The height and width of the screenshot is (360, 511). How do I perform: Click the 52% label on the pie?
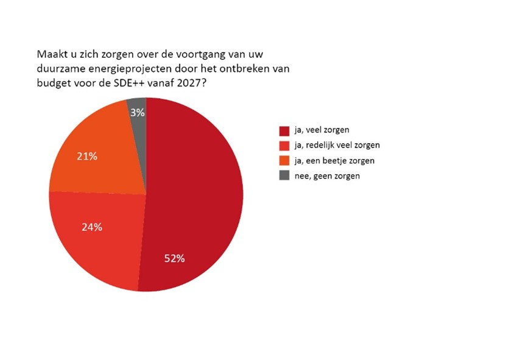pyautogui.click(x=174, y=258)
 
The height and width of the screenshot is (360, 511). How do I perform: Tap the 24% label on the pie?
pyautogui.click(x=92, y=227)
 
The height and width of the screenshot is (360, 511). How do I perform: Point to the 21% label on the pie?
pyautogui.click(x=87, y=157)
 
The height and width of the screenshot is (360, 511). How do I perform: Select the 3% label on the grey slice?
pyautogui.click(x=136, y=113)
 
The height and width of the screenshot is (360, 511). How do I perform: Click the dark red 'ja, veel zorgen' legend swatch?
pyautogui.click(x=284, y=130)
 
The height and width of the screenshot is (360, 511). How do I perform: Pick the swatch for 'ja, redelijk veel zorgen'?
pyautogui.click(x=284, y=146)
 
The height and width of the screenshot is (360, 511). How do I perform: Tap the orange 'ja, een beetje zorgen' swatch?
pyautogui.click(x=284, y=161)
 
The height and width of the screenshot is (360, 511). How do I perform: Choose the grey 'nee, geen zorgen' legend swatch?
pyautogui.click(x=284, y=176)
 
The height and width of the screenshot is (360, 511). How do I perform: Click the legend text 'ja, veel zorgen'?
pyautogui.click(x=323, y=130)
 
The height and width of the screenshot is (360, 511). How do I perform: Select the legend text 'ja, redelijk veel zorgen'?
pyautogui.click(x=338, y=146)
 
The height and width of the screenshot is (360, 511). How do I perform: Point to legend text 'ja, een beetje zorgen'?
pyautogui.click(x=333, y=161)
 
